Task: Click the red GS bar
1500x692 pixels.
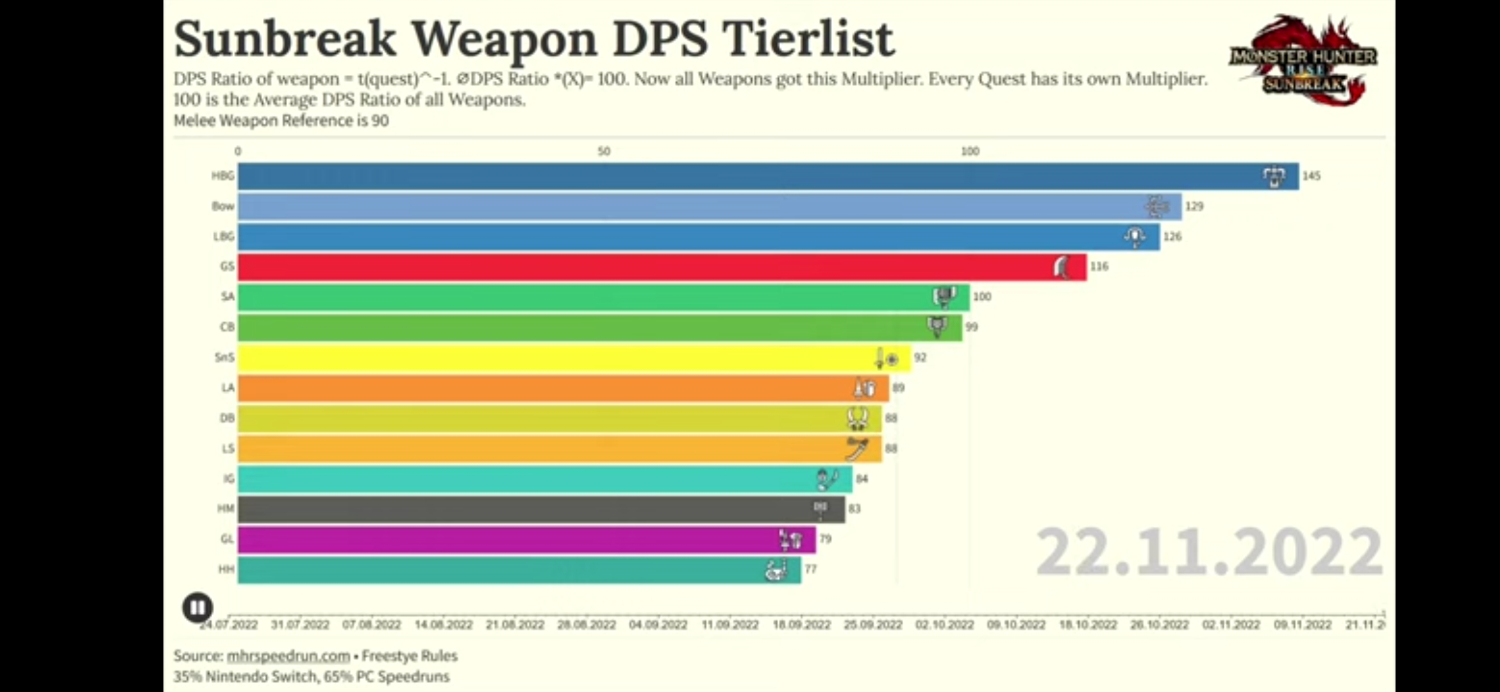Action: [x=641, y=267]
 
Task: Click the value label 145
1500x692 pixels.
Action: [x=1311, y=176]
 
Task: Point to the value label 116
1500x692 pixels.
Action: [x=1099, y=267]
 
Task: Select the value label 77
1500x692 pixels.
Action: [x=810, y=569]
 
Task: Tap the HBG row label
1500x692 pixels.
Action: [x=223, y=176]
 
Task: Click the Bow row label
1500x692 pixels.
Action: [x=223, y=206]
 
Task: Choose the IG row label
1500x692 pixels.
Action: [x=228, y=479]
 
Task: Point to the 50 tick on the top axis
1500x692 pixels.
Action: [x=604, y=152]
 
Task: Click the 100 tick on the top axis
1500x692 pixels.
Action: [x=970, y=152]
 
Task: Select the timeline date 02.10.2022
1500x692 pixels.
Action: [x=944, y=625]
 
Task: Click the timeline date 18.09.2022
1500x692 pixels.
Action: [x=801, y=625]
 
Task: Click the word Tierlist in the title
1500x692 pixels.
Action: [x=809, y=40]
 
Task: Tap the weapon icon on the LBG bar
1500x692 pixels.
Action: [x=1135, y=237]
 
